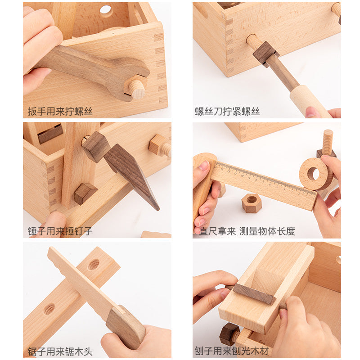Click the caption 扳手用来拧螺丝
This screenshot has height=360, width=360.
pos(60,111)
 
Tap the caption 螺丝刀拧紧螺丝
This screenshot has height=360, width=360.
pos(227,111)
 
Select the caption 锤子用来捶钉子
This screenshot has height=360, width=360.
pos(60,231)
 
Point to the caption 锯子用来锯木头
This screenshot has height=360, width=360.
pos(60,351)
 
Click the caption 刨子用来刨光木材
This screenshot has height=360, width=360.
pos(232,351)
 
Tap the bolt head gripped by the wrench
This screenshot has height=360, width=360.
pos(135,87)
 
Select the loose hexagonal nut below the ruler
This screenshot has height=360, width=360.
pos(252,203)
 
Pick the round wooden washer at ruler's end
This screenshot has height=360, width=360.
pos(316,174)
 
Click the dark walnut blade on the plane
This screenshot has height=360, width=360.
pos(254,294)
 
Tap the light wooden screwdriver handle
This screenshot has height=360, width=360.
pos(309,101)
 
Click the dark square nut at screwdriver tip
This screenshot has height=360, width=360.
pos(266,54)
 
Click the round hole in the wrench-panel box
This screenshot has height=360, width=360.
pos(106,9)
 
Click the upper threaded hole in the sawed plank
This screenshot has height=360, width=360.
pos(94,265)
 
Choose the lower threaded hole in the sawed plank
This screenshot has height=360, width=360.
pos(49,309)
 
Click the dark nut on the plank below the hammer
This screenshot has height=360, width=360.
pos(85,193)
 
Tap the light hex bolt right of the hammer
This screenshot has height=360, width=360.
pos(160,145)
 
